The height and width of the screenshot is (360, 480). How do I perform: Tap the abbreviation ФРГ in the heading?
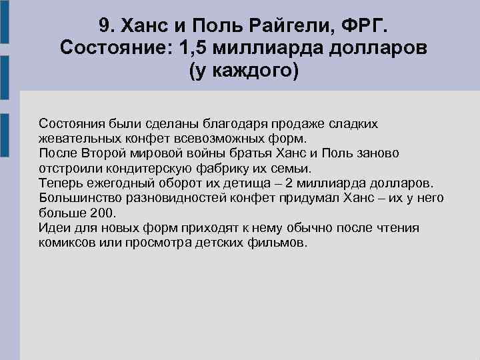click(363, 26)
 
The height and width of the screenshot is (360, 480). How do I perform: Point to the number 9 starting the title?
click(103, 26)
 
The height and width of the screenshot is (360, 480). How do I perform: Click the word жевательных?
click(77, 139)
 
